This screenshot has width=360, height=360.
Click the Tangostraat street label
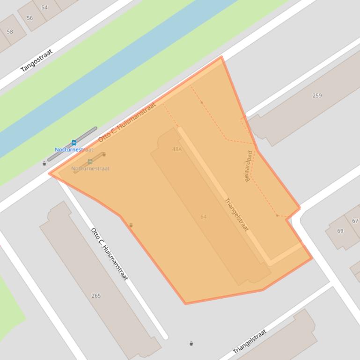point(37,60)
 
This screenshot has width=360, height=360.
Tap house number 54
point(44,7)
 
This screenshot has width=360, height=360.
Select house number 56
point(30,18)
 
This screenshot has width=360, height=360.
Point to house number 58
point(10,32)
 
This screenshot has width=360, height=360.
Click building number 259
point(317,95)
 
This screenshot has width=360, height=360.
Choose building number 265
point(96,295)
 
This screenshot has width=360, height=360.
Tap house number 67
point(355,221)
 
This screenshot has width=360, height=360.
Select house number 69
point(340,230)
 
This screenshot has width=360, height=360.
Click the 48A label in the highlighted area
point(176,149)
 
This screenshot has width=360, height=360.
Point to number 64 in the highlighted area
point(204,216)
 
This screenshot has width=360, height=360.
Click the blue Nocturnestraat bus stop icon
point(73,143)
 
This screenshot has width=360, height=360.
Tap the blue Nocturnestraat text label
point(74,150)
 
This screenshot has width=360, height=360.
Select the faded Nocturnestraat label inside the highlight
point(90,168)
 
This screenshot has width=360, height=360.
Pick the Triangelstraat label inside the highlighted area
point(237,215)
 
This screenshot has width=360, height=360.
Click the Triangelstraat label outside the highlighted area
point(250,341)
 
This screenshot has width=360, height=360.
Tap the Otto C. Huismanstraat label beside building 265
point(109,254)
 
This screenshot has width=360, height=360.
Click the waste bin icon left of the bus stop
point(44,164)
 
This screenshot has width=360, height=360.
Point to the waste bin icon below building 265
point(191,344)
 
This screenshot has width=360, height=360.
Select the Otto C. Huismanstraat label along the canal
point(127,122)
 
